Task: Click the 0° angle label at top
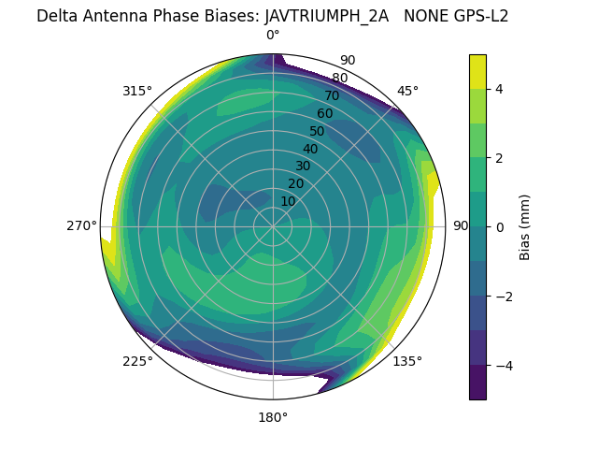pos(273,36)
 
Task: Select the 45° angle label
pos(407,91)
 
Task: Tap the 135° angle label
pos(407,361)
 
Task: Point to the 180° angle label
pos(273,417)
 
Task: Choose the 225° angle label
pos(137,361)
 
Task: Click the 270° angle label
pos(81,226)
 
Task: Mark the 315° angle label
pos(137,91)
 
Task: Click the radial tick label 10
pos(288,201)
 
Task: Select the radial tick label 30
pos(303,167)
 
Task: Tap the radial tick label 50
pos(317,131)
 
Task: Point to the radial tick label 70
pos(332,95)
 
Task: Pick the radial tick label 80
pos(339,79)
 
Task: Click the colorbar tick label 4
pos(499,89)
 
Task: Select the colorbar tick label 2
pos(499,158)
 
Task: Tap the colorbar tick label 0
pos(499,227)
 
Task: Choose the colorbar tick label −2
pos(502,297)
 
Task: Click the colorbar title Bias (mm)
pos(525,227)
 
